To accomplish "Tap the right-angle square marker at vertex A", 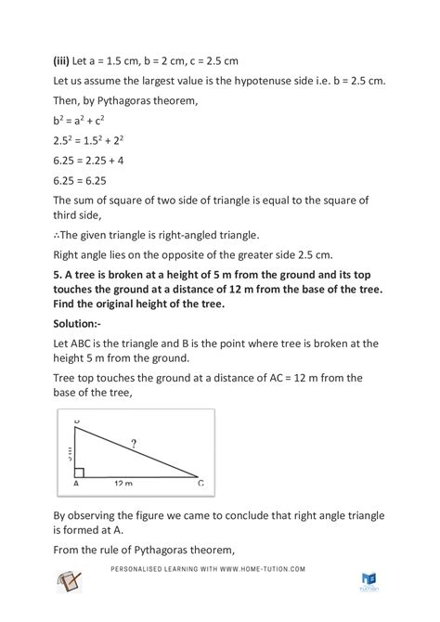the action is click(81, 472).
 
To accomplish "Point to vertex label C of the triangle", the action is click(201, 484).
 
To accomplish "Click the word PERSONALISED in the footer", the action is click(144, 569).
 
